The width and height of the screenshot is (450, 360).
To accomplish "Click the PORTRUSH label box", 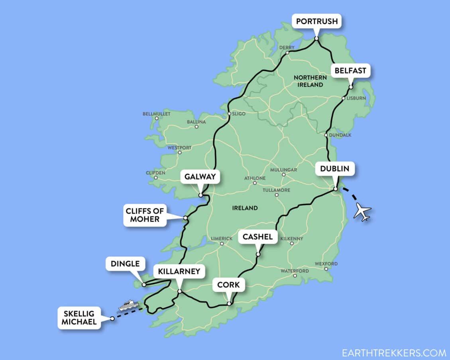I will point(316,21).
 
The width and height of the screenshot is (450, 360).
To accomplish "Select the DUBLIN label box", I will point(334,169).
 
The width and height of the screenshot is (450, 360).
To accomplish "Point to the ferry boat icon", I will point(128,306).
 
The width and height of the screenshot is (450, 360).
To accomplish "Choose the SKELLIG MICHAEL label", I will point(79,317).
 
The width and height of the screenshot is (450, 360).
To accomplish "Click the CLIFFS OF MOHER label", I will point(145,216).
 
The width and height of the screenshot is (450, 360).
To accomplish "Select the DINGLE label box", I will point(126,264).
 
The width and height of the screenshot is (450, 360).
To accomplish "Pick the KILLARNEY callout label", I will point(179,272).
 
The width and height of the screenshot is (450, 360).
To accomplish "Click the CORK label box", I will point(228,285).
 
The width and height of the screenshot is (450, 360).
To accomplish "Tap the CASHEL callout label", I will point(257,237).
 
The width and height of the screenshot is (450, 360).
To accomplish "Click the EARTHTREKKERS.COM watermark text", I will point(394,353).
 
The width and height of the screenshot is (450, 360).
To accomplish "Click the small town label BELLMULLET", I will point(156,114).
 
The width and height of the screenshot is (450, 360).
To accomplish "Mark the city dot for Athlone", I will point(255,183).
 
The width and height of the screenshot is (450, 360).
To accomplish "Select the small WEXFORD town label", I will point(326,264).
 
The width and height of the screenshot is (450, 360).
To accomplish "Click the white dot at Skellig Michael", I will point(112,319).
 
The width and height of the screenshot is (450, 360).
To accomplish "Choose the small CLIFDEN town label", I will point(155,173).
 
